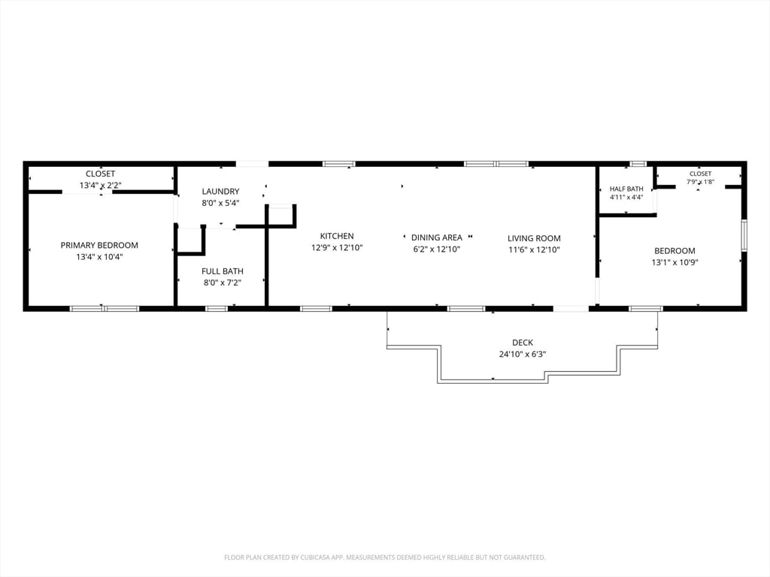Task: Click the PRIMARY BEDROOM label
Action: click(x=99, y=246)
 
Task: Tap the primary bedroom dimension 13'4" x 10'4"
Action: click(x=99, y=257)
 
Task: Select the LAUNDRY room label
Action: click(x=220, y=192)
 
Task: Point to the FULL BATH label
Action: click(x=223, y=271)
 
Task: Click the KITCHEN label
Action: click(x=337, y=236)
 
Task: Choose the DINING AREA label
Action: click(x=437, y=237)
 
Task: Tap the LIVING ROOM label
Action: click(x=534, y=238)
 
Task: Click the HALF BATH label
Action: click(x=626, y=189)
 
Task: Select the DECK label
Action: click(x=523, y=343)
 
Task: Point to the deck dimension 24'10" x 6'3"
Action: click(x=523, y=355)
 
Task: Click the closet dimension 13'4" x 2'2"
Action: click(x=100, y=186)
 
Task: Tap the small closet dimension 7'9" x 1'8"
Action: click(x=700, y=182)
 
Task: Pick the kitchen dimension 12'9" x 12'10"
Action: click(x=337, y=248)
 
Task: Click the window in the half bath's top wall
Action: click(x=638, y=164)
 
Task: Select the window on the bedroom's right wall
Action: click(x=744, y=235)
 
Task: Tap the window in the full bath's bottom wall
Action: click(x=216, y=309)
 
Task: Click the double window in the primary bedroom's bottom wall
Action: click(x=104, y=309)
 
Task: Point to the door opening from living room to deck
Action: click(x=571, y=309)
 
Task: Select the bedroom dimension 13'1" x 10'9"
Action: click(x=675, y=262)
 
